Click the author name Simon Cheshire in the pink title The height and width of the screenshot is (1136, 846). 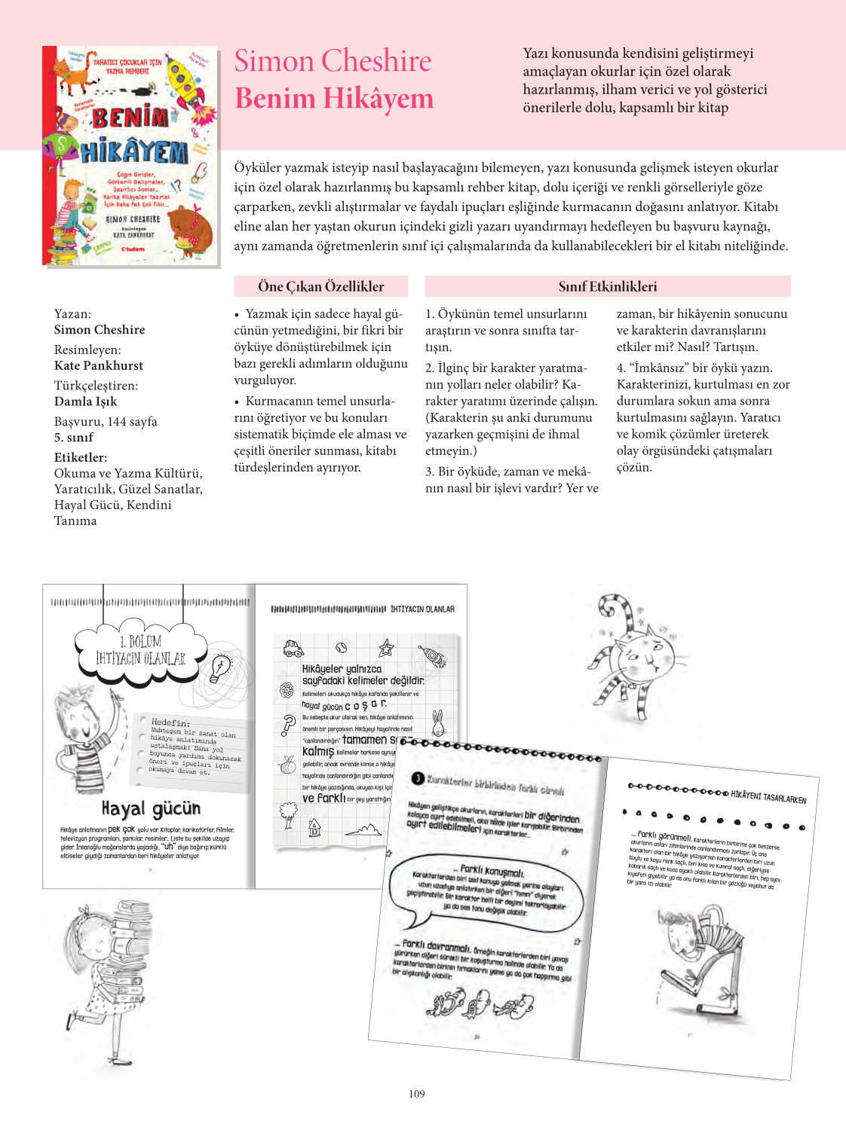(x=333, y=61)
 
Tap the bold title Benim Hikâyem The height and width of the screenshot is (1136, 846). (x=334, y=99)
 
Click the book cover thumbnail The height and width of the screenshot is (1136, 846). (x=130, y=156)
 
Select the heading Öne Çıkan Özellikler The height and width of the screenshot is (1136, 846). (x=320, y=286)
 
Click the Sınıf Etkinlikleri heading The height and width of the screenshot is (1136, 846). (x=607, y=286)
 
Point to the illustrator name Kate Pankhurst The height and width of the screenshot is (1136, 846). (x=98, y=365)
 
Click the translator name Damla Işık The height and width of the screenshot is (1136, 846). (x=85, y=402)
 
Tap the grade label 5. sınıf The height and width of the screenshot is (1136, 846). (x=73, y=437)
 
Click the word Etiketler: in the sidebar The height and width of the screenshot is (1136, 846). (x=80, y=457)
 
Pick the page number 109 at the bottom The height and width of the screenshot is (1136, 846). (x=417, y=1094)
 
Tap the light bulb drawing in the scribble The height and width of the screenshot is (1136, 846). (x=220, y=667)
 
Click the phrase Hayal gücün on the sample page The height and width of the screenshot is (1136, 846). (x=151, y=809)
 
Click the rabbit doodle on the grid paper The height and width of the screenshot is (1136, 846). (x=437, y=723)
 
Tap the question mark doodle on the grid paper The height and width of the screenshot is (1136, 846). (x=287, y=725)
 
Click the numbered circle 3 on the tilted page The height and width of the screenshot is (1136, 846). (x=417, y=778)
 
